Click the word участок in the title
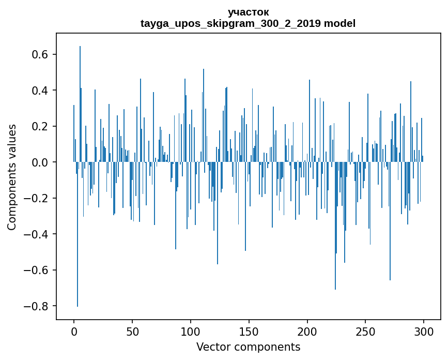click(248, 12)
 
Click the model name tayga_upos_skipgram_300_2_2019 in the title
click(230, 23)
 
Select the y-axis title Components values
click(12, 177)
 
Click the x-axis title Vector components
click(248, 347)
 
